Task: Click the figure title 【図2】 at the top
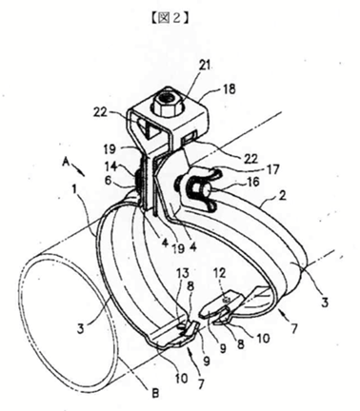coord(170,18)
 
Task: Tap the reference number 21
coord(205,66)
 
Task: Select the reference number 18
coord(230,89)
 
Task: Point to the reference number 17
coord(272,169)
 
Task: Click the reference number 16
coord(252,182)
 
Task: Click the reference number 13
coord(183,273)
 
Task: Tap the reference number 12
coord(225,272)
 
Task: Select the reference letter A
coord(66,163)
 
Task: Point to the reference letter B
coord(155,394)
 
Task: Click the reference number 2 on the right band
coord(282,195)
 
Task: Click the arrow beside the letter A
coord(78,168)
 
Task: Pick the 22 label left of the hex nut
coord(100,112)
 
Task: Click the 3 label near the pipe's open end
coord(80,328)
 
